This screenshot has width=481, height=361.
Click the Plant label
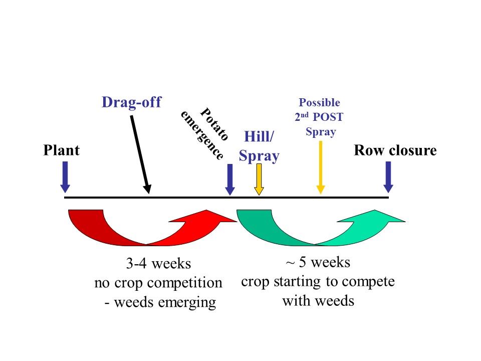pyautogui.click(x=61, y=150)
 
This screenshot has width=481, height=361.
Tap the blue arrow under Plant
pyautogui.click(x=65, y=177)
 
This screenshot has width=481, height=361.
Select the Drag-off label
pyautogui.click(x=131, y=102)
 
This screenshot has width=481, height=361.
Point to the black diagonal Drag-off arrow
pyautogui.click(x=140, y=154)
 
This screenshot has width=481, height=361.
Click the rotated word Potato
pyautogui.click(x=214, y=124)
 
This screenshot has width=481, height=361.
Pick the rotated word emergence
pyautogui.click(x=202, y=135)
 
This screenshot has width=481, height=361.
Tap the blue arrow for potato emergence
pyautogui.click(x=230, y=179)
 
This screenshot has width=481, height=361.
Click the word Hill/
pyautogui.click(x=259, y=136)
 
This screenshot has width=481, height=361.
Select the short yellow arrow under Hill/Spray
pyautogui.click(x=259, y=179)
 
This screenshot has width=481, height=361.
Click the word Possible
pyautogui.click(x=319, y=102)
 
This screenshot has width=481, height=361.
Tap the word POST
pyautogui.click(x=328, y=117)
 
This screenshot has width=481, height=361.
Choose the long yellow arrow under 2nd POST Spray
pyautogui.click(x=321, y=167)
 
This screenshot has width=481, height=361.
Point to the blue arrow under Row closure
pyautogui.click(x=388, y=177)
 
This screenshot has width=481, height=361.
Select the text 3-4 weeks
pyautogui.click(x=158, y=264)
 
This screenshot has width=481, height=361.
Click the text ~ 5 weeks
pyautogui.click(x=318, y=262)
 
